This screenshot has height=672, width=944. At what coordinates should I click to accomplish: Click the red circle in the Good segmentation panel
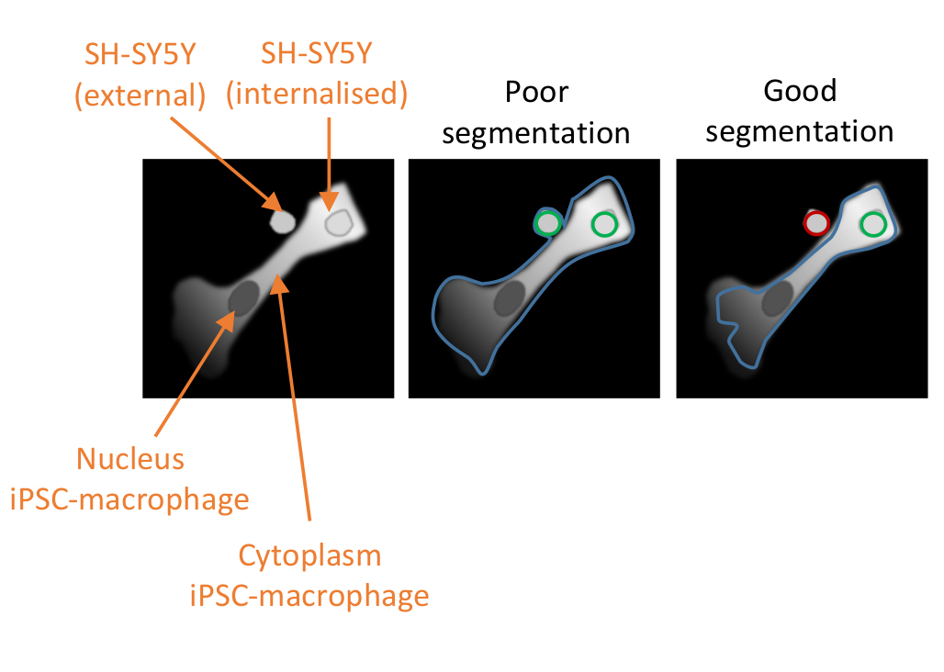816,222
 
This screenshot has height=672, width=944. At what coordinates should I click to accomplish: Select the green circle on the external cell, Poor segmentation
548,223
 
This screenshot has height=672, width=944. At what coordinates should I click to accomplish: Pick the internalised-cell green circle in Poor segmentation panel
605,223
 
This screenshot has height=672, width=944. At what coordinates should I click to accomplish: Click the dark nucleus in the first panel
244,297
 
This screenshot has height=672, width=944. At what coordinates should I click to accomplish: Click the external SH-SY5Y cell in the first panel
281,220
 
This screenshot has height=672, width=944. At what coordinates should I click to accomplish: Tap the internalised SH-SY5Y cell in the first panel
339,222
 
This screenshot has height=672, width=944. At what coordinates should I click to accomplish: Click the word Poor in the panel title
536,92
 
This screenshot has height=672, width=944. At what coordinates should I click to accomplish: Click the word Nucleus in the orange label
130,458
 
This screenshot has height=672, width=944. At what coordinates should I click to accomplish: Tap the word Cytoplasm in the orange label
309,555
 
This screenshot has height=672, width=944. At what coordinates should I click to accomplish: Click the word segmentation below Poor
536,133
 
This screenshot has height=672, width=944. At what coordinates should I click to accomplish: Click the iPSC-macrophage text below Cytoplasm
309,596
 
